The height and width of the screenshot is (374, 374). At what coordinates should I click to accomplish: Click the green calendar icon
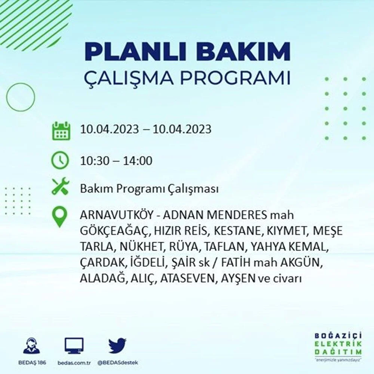pyautogui.click(x=61, y=130)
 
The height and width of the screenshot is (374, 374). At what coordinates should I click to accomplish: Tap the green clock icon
pyautogui.click(x=60, y=161)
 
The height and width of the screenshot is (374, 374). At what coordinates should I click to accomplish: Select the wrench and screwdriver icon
pyautogui.click(x=60, y=187)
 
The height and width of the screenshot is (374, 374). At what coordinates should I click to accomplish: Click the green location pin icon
pyautogui.click(x=60, y=217)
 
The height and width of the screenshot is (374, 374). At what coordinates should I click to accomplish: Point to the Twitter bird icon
pyautogui.click(x=117, y=346)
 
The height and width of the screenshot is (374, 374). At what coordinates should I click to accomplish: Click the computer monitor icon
pyautogui.click(x=74, y=346)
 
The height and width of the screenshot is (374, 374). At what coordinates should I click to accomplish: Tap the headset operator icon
pyautogui.click(x=31, y=346)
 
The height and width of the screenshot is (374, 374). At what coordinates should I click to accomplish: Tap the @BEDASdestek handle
pyautogui.click(x=118, y=363)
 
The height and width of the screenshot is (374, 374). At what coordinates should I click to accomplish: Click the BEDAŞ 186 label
pyautogui.click(x=31, y=363)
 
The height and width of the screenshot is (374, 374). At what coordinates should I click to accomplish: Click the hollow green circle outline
pyautogui.click(x=21, y=97)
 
